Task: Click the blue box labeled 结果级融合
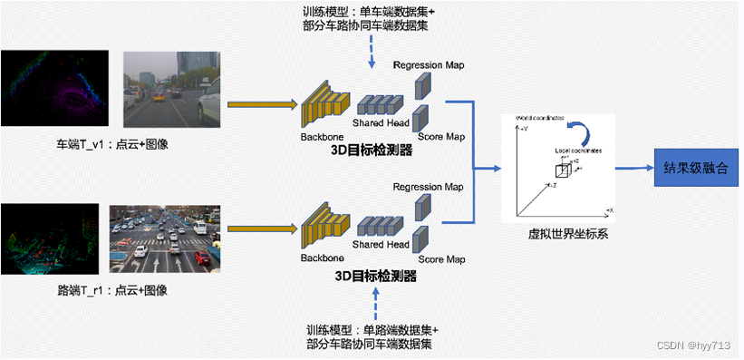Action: coord(695,169)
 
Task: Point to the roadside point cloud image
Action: coord(50,239)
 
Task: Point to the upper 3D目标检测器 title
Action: coord(372,151)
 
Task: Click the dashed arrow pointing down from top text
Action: coord(372,53)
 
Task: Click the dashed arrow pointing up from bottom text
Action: coord(372,304)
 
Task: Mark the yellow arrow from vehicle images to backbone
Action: coord(263,104)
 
